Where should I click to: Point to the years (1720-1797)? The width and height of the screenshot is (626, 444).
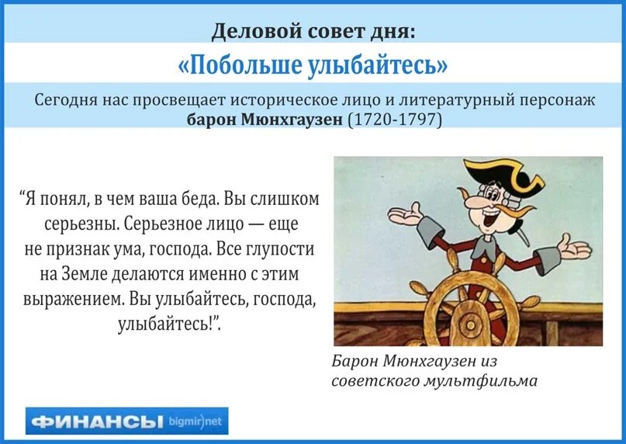point(394,120)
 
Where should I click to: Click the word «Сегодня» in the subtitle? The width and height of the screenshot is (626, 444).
point(64,100)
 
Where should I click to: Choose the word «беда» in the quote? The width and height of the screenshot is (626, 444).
point(196,199)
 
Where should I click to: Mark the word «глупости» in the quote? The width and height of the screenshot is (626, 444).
point(282,250)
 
